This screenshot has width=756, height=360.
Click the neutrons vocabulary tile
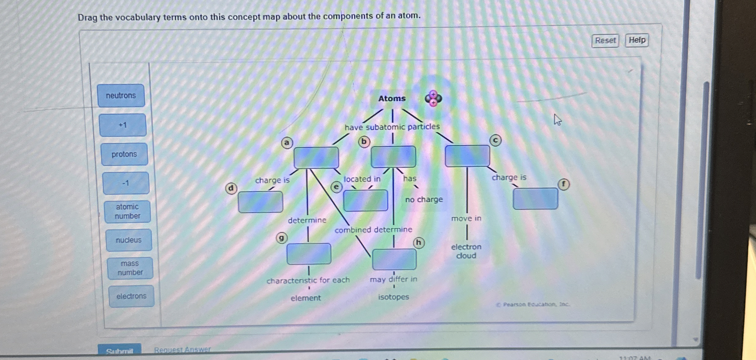pos(121,96)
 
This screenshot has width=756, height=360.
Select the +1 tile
pos(123,125)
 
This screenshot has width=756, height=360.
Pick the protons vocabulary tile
pos(124,154)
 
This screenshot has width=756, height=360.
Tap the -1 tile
pos(126,183)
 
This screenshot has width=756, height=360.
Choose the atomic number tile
pos(127,211)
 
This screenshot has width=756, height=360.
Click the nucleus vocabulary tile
pos(129,240)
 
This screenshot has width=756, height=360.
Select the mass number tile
pos(130,268)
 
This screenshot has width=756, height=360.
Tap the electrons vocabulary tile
pos(131,296)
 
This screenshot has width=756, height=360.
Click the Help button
pos(637,40)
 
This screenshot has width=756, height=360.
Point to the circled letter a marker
pos(287,143)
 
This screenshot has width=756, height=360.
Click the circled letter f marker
pos(563,184)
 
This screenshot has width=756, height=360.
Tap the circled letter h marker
pos(418,243)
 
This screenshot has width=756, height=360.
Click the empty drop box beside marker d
pos(260,202)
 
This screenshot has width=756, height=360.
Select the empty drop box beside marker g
pos(309,254)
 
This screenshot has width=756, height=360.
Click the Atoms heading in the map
pos(392,99)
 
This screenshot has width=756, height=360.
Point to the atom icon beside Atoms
pos(433,98)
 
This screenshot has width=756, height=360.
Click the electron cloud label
pos(466,251)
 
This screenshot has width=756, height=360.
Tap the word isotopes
pos(393,297)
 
